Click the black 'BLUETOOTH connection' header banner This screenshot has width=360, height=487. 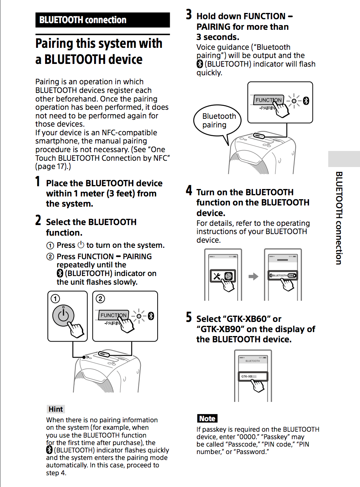click(x=102, y=20)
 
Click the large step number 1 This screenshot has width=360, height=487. click(x=38, y=182)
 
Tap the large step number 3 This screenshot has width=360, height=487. click(x=189, y=15)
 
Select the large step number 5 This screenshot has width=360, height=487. click(x=189, y=318)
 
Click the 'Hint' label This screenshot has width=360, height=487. click(x=55, y=409)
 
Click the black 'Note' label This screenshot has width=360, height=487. click(x=207, y=418)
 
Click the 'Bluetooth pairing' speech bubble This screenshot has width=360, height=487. click(x=217, y=121)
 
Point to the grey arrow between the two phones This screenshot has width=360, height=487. click(x=254, y=276)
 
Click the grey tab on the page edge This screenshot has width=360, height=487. click(x=344, y=159)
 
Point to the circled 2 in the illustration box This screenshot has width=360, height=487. click(x=100, y=299)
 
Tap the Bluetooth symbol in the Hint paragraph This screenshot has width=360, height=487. click(x=49, y=450)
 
